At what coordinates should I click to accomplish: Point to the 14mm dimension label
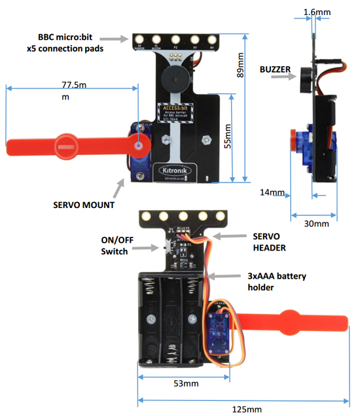pyautogui.click(x=272, y=192)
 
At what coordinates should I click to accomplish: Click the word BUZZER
pyautogui.click(x=276, y=69)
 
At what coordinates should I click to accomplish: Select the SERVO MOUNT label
pyautogui.click(x=84, y=205)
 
